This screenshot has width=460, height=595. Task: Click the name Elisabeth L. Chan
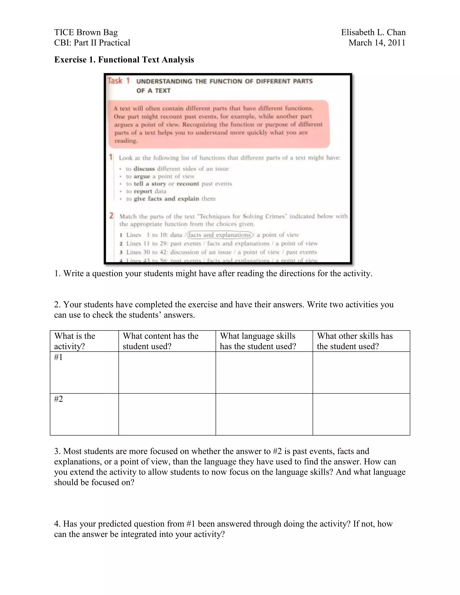(373, 32)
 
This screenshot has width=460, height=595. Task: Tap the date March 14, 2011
(377, 43)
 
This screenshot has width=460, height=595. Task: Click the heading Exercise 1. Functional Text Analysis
(124, 60)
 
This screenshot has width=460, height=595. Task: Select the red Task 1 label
(119, 81)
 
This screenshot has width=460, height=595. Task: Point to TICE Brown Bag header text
(86, 32)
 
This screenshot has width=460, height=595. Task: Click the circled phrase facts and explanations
(219, 235)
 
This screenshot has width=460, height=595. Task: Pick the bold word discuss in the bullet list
(144, 169)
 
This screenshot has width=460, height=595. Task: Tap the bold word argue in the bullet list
(142, 176)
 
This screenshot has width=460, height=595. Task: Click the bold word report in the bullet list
(143, 191)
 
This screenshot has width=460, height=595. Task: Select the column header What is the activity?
(75, 341)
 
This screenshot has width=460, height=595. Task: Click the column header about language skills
(258, 341)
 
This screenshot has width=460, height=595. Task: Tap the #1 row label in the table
(59, 357)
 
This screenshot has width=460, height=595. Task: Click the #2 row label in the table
(59, 399)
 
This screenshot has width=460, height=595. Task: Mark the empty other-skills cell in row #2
(361, 414)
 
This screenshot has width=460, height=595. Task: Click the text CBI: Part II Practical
(92, 43)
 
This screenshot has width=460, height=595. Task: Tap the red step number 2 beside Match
(111, 216)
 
